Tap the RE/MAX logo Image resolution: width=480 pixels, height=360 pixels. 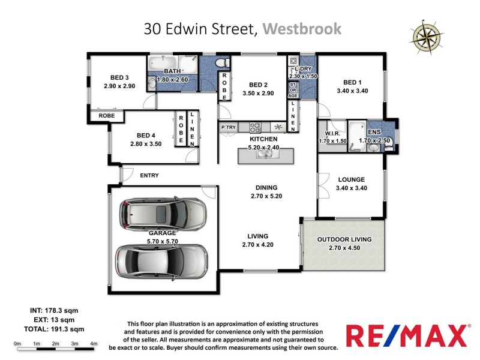[406, 335]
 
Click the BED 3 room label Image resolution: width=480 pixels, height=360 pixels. [119, 77]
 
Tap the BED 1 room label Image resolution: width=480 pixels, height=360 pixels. [353, 82]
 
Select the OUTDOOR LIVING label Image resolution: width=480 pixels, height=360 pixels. [344, 239]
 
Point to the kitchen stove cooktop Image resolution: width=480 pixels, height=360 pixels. [254, 127]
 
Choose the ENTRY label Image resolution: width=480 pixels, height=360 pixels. [150, 175]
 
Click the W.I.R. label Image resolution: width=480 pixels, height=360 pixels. [332, 134]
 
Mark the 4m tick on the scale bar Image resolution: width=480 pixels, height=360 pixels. [94, 343]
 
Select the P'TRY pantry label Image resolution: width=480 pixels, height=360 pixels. [229, 127]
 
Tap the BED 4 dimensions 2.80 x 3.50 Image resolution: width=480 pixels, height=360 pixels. [146, 144]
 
